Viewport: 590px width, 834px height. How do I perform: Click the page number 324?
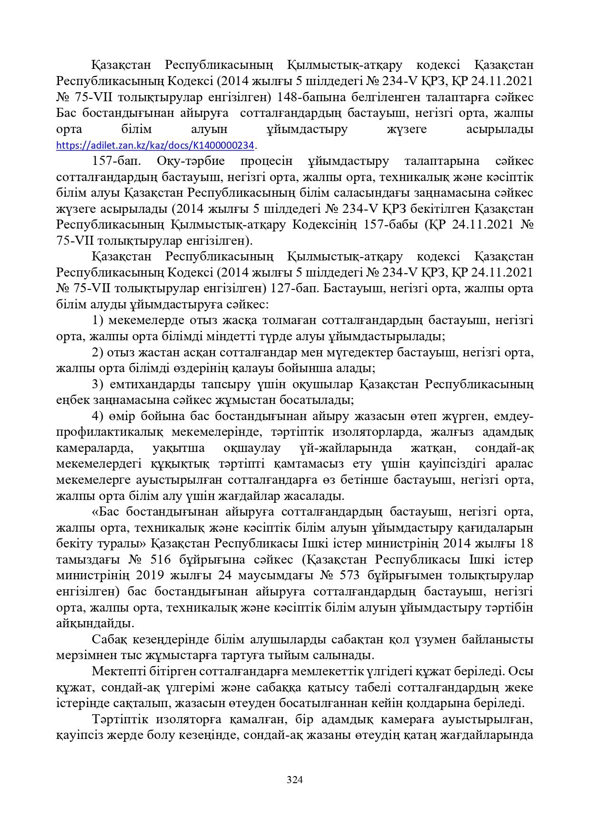click(295, 779)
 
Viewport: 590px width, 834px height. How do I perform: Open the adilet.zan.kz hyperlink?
click(155, 145)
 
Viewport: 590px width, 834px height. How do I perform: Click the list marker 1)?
click(98, 321)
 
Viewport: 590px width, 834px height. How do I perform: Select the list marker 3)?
click(98, 384)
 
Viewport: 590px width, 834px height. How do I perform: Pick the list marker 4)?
click(98, 416)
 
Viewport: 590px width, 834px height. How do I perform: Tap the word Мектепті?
click(118, 671)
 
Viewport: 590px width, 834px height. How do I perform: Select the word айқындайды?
click(95, 623)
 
